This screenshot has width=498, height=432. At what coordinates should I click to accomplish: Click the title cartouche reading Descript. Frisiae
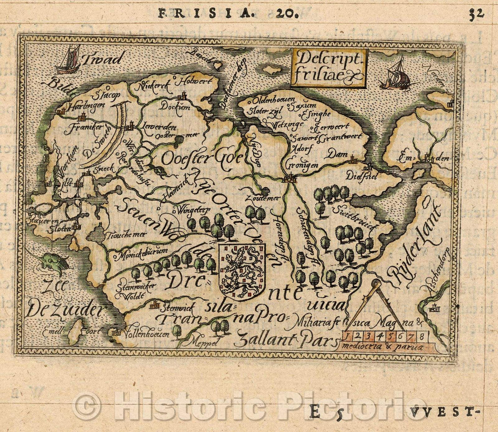pyautogui.click(x=328, y=69)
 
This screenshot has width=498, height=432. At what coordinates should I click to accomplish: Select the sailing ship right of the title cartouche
pyautogui.click(x=397, y=75)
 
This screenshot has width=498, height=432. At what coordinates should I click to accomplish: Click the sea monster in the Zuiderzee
pyautogui.click(x=54, y=263)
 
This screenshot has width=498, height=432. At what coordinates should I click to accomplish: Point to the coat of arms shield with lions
pyautogui.click(x=242, y=272)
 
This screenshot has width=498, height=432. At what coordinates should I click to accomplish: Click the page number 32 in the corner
pyautogui.click(x=477, y=13)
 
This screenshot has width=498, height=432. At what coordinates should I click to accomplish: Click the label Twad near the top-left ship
pyautogui.click(x=104, y=59)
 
